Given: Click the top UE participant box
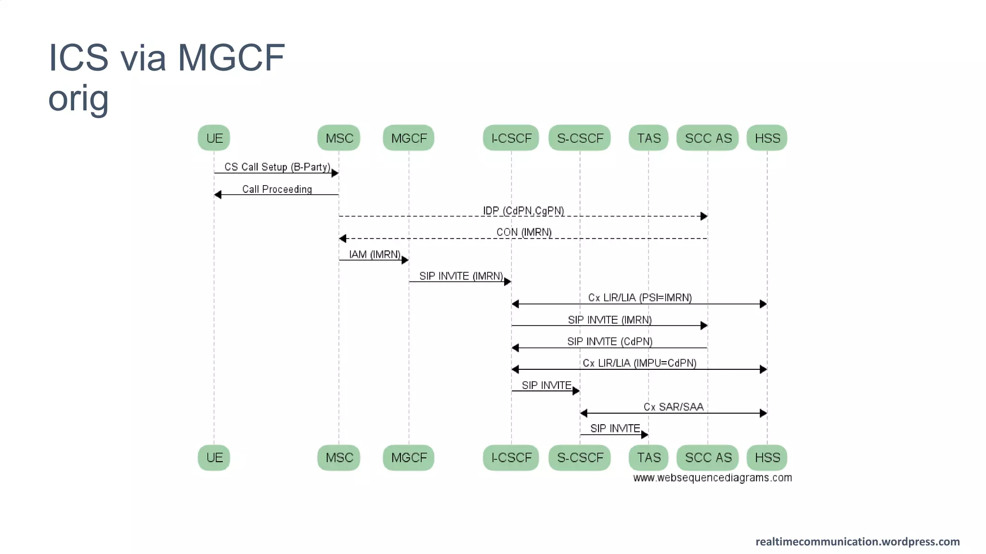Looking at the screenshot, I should click(214, 138).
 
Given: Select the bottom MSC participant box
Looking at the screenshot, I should click(339, 457).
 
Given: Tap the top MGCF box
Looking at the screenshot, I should click(409, 138).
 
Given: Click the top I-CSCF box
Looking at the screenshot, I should click(511, 138).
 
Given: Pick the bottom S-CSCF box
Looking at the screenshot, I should click(580, 457).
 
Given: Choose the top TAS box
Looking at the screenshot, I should click(649, 138).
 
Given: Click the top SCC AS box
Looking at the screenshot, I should click(708, 138).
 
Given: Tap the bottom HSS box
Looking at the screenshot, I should click(767, 457).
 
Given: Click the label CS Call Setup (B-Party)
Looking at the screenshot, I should click(277, 167).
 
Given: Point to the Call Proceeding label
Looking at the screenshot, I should click(277, 189).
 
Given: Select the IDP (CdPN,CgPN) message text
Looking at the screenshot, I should click(523, 211).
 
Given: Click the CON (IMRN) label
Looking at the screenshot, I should click(524, 232).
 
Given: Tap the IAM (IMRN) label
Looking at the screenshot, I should click(375, 254).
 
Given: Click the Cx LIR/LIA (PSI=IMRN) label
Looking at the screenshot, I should click(640, 298).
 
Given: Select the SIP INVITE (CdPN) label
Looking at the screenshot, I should click(610, 341).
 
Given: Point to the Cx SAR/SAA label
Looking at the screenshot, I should click(674, 407).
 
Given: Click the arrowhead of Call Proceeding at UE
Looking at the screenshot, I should click(218, 195).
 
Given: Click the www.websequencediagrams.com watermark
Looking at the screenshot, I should click(712, 478).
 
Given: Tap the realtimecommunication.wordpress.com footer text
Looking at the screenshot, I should click(857, 541).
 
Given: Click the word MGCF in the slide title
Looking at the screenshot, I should click(231, 58).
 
